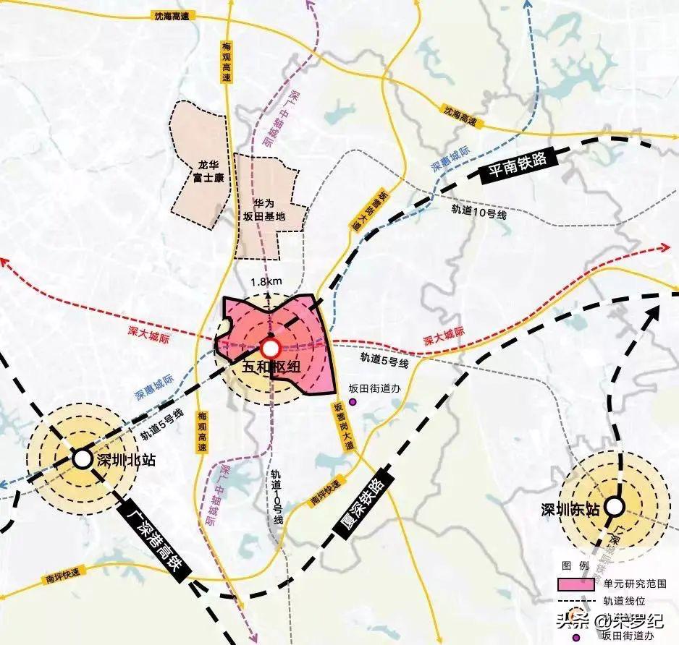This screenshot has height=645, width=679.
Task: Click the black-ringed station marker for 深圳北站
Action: [x=81, y=458]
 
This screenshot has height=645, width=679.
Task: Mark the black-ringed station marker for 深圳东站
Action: [x=614, y=507]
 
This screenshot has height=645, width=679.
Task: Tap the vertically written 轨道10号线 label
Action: [x=276, y=498]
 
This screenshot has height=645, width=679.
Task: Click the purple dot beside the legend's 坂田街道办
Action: [x=575, y=638]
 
